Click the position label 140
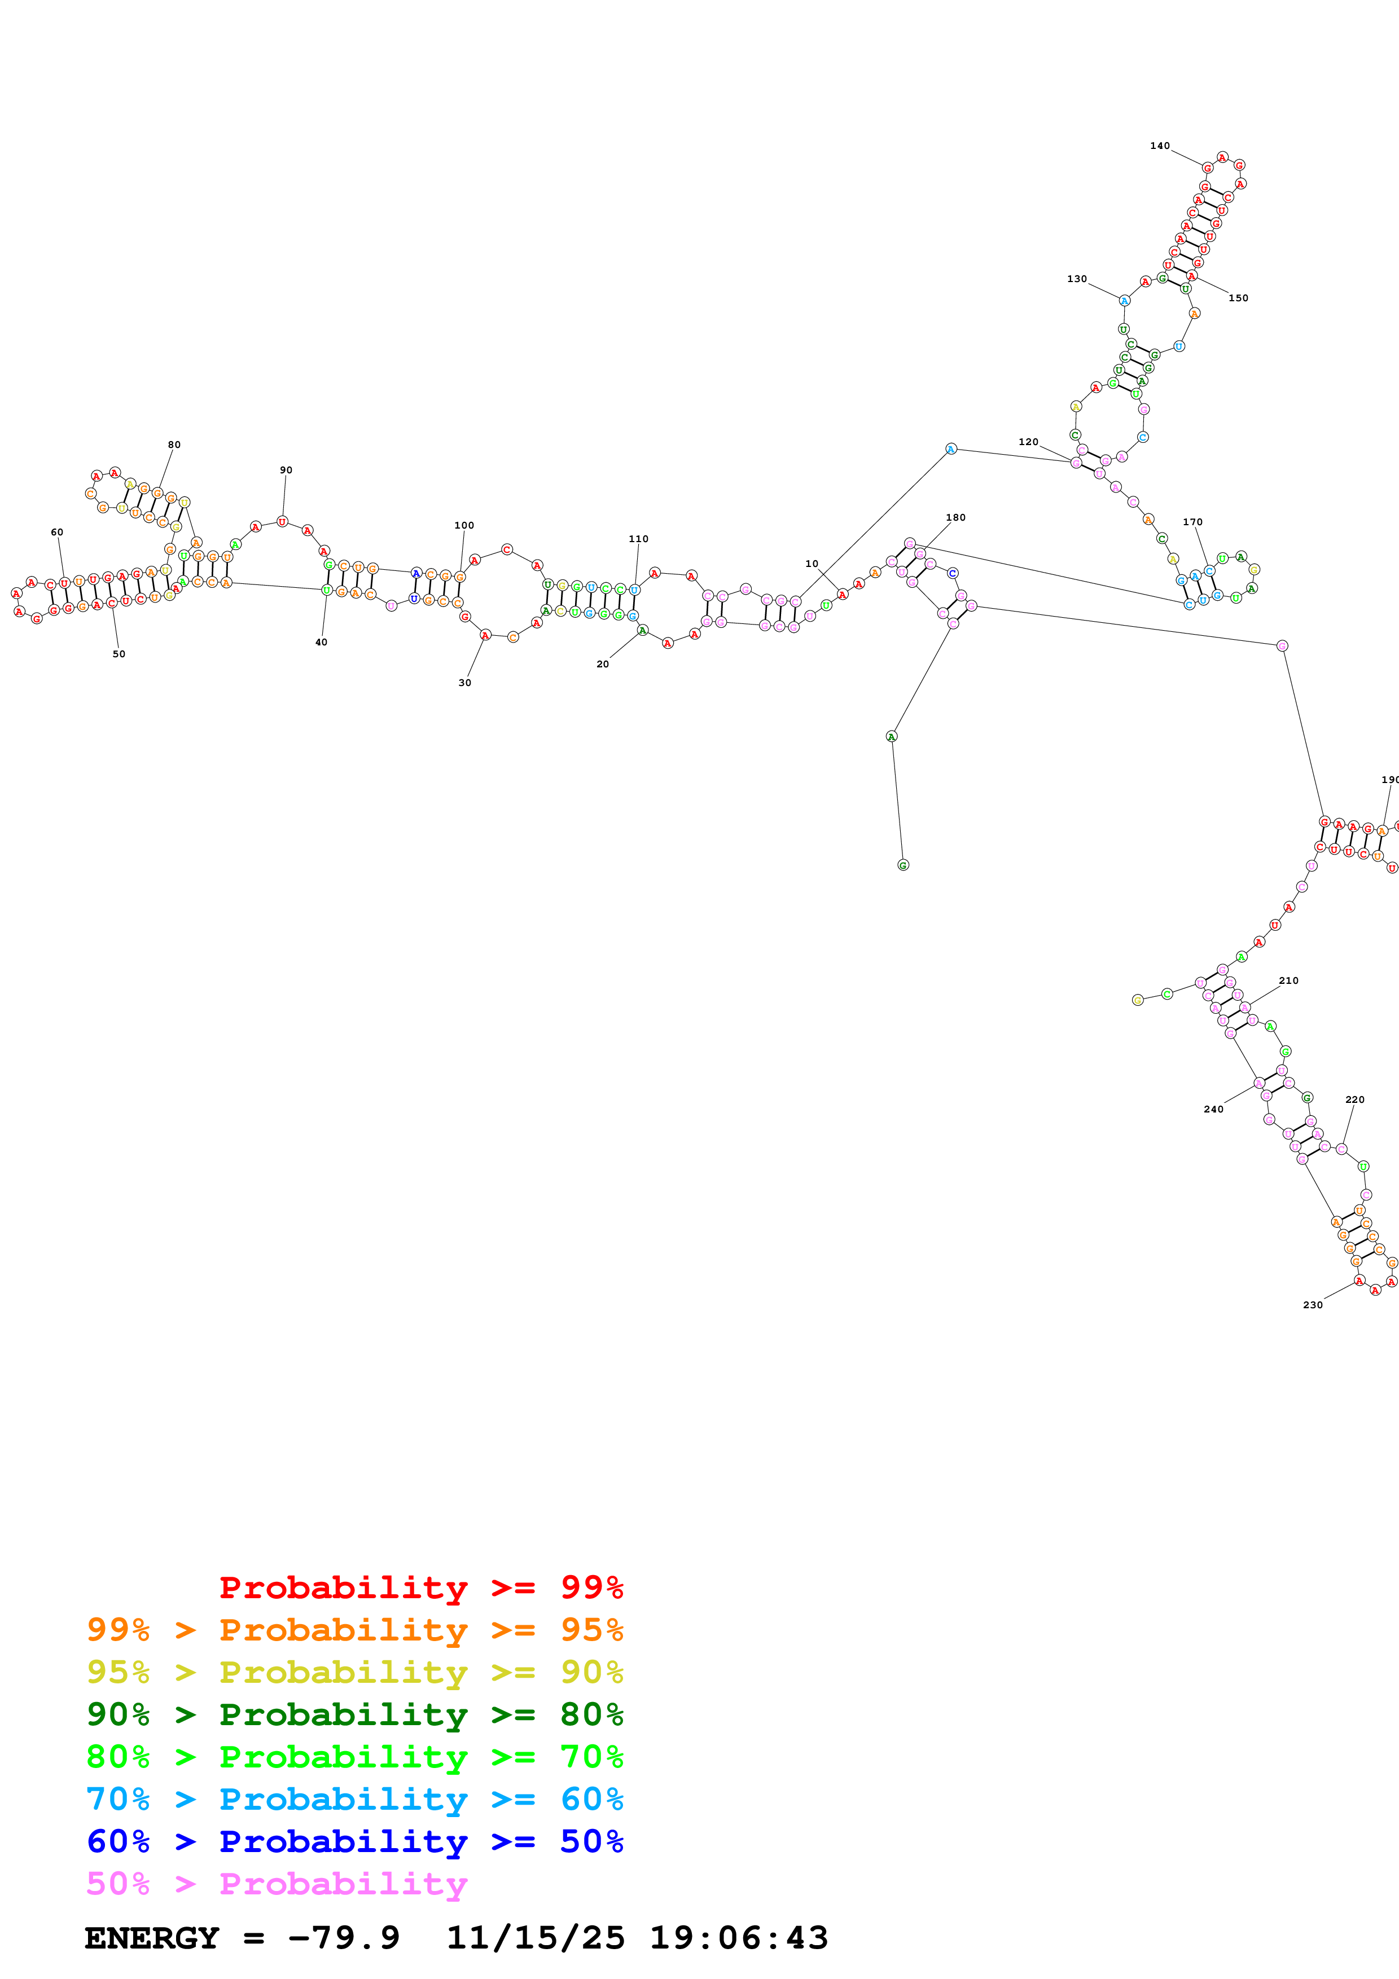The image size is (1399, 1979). pos(1159,146)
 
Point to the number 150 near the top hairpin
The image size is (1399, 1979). pos(1238,298)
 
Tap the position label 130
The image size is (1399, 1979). pos(1077,279)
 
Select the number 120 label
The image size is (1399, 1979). pos(1028,442)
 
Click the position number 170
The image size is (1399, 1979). pos(1192,522)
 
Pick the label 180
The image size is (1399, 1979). pos(955,518)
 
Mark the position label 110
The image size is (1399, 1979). pos(638,539)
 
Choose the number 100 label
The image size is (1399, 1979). pos(464,526)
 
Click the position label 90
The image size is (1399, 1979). pos(286,470)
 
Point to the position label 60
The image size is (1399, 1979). pos(57,533)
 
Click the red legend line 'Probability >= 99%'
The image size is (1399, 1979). pos(420,1587)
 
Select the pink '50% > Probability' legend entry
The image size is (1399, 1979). pos(276,1884)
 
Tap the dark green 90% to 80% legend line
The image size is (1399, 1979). pos(354,1714)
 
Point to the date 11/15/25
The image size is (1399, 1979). pos(534,1938)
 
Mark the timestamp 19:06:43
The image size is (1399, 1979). pos(738,1938)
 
